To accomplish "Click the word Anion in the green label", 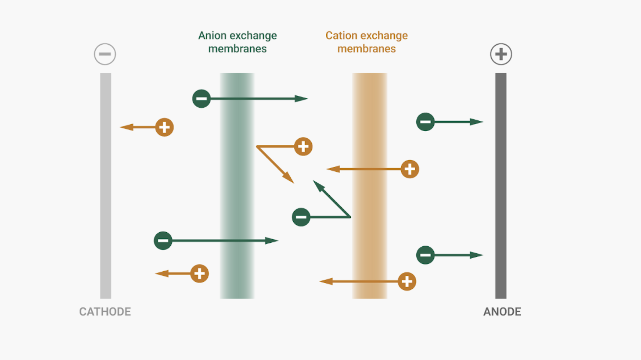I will click(212, 36).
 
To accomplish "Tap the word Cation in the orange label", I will click(341, 36).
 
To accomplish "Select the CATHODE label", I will click(105, 312).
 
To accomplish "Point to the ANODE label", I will click(502, 312).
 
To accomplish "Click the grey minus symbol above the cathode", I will click(105, 54).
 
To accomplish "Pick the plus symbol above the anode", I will click(501, 54).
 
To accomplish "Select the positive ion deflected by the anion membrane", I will click(303, 147).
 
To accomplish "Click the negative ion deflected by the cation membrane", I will click(301, 217).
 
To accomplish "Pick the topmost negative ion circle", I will click(202, 99).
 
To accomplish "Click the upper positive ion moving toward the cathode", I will click(164, 127).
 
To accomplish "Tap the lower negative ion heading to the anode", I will click(425, 255).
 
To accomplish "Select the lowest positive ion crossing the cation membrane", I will click(407, 281).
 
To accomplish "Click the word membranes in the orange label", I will click(367, 49).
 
